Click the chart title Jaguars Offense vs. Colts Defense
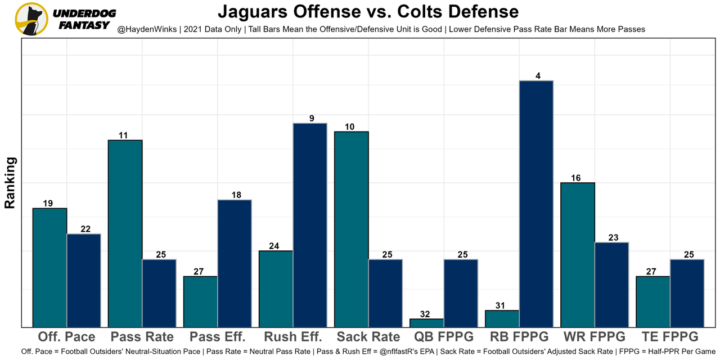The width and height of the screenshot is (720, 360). click(368, 12)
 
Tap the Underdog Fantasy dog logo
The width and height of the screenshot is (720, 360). click(31, 19)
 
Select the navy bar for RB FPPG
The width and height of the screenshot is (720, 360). click(536, 204)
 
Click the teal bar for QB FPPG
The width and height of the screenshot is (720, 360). click(426, 323)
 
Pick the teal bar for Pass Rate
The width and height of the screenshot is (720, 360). click(125, 233)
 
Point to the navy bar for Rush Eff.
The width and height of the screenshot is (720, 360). click(310, 225)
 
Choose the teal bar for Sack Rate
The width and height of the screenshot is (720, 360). click(352, 229)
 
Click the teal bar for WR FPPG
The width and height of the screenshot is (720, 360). click(578, 254)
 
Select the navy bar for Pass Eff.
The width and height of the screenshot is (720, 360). click(235, 263)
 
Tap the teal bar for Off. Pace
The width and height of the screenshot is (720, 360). click(49, 267)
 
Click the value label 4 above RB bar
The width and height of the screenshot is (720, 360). click(538, 76)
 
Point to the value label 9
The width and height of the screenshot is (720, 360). click(311, 118)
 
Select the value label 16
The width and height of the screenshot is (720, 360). click(575, 178)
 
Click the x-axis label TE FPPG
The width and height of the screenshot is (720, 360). click(669, 337)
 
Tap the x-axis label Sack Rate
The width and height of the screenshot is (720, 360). click(368, 337)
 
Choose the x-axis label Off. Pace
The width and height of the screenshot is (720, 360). click(66, 337)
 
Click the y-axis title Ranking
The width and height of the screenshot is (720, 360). click(10, 183)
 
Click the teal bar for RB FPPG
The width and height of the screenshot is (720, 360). click(502, 318)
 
